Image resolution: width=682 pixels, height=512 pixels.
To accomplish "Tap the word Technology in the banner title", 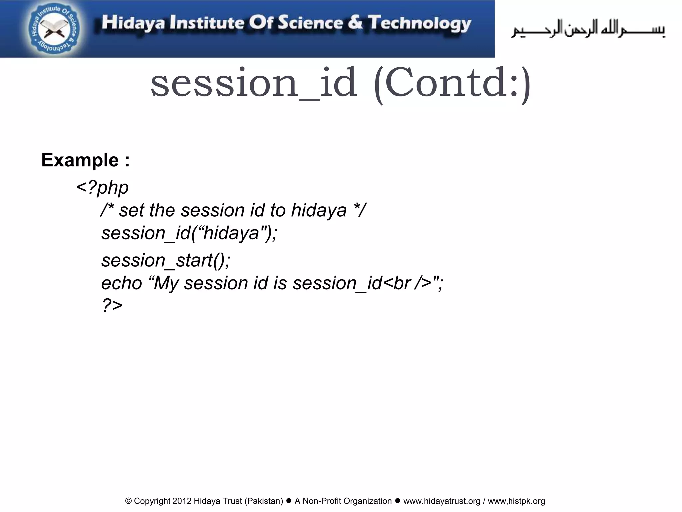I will click(x=419, y=23).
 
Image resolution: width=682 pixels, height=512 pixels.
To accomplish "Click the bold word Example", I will click(x=80, y=160).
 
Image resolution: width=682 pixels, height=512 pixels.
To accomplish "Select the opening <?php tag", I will click(x=102, y=187).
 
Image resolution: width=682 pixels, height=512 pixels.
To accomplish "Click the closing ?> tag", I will click(x=112, y=305).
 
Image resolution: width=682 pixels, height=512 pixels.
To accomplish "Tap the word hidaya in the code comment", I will click(x=319, y=210).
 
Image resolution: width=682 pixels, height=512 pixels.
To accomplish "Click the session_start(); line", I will click(x=166, y=260).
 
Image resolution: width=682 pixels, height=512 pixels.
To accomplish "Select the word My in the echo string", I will click(x=167, y=284).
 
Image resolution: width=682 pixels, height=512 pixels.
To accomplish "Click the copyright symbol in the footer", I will click(x=128, y=501).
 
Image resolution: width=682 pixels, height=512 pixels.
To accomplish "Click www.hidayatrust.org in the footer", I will click(x=442, y=501).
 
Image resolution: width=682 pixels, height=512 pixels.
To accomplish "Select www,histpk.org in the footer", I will click(x=516, y=501).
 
